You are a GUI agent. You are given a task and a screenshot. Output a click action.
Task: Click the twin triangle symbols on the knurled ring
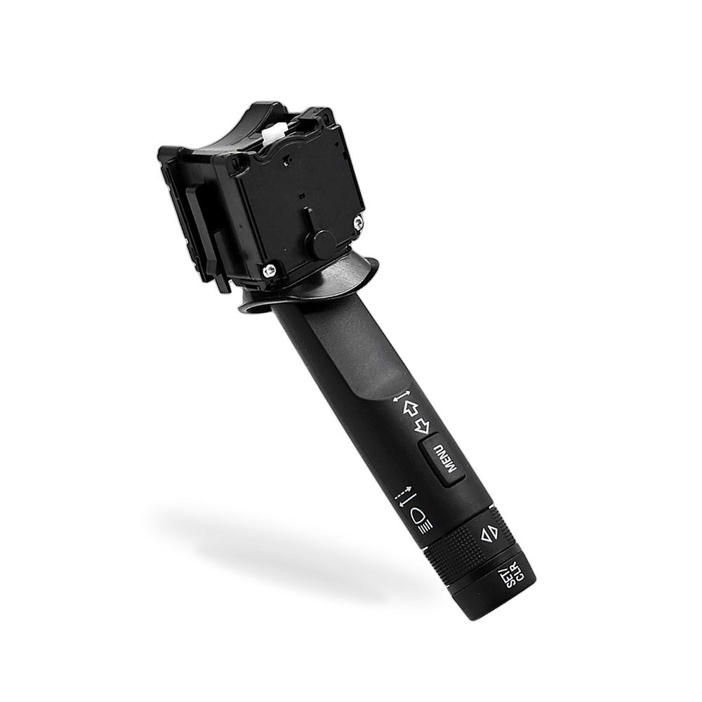pyautogui.click(x=488, y=534)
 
